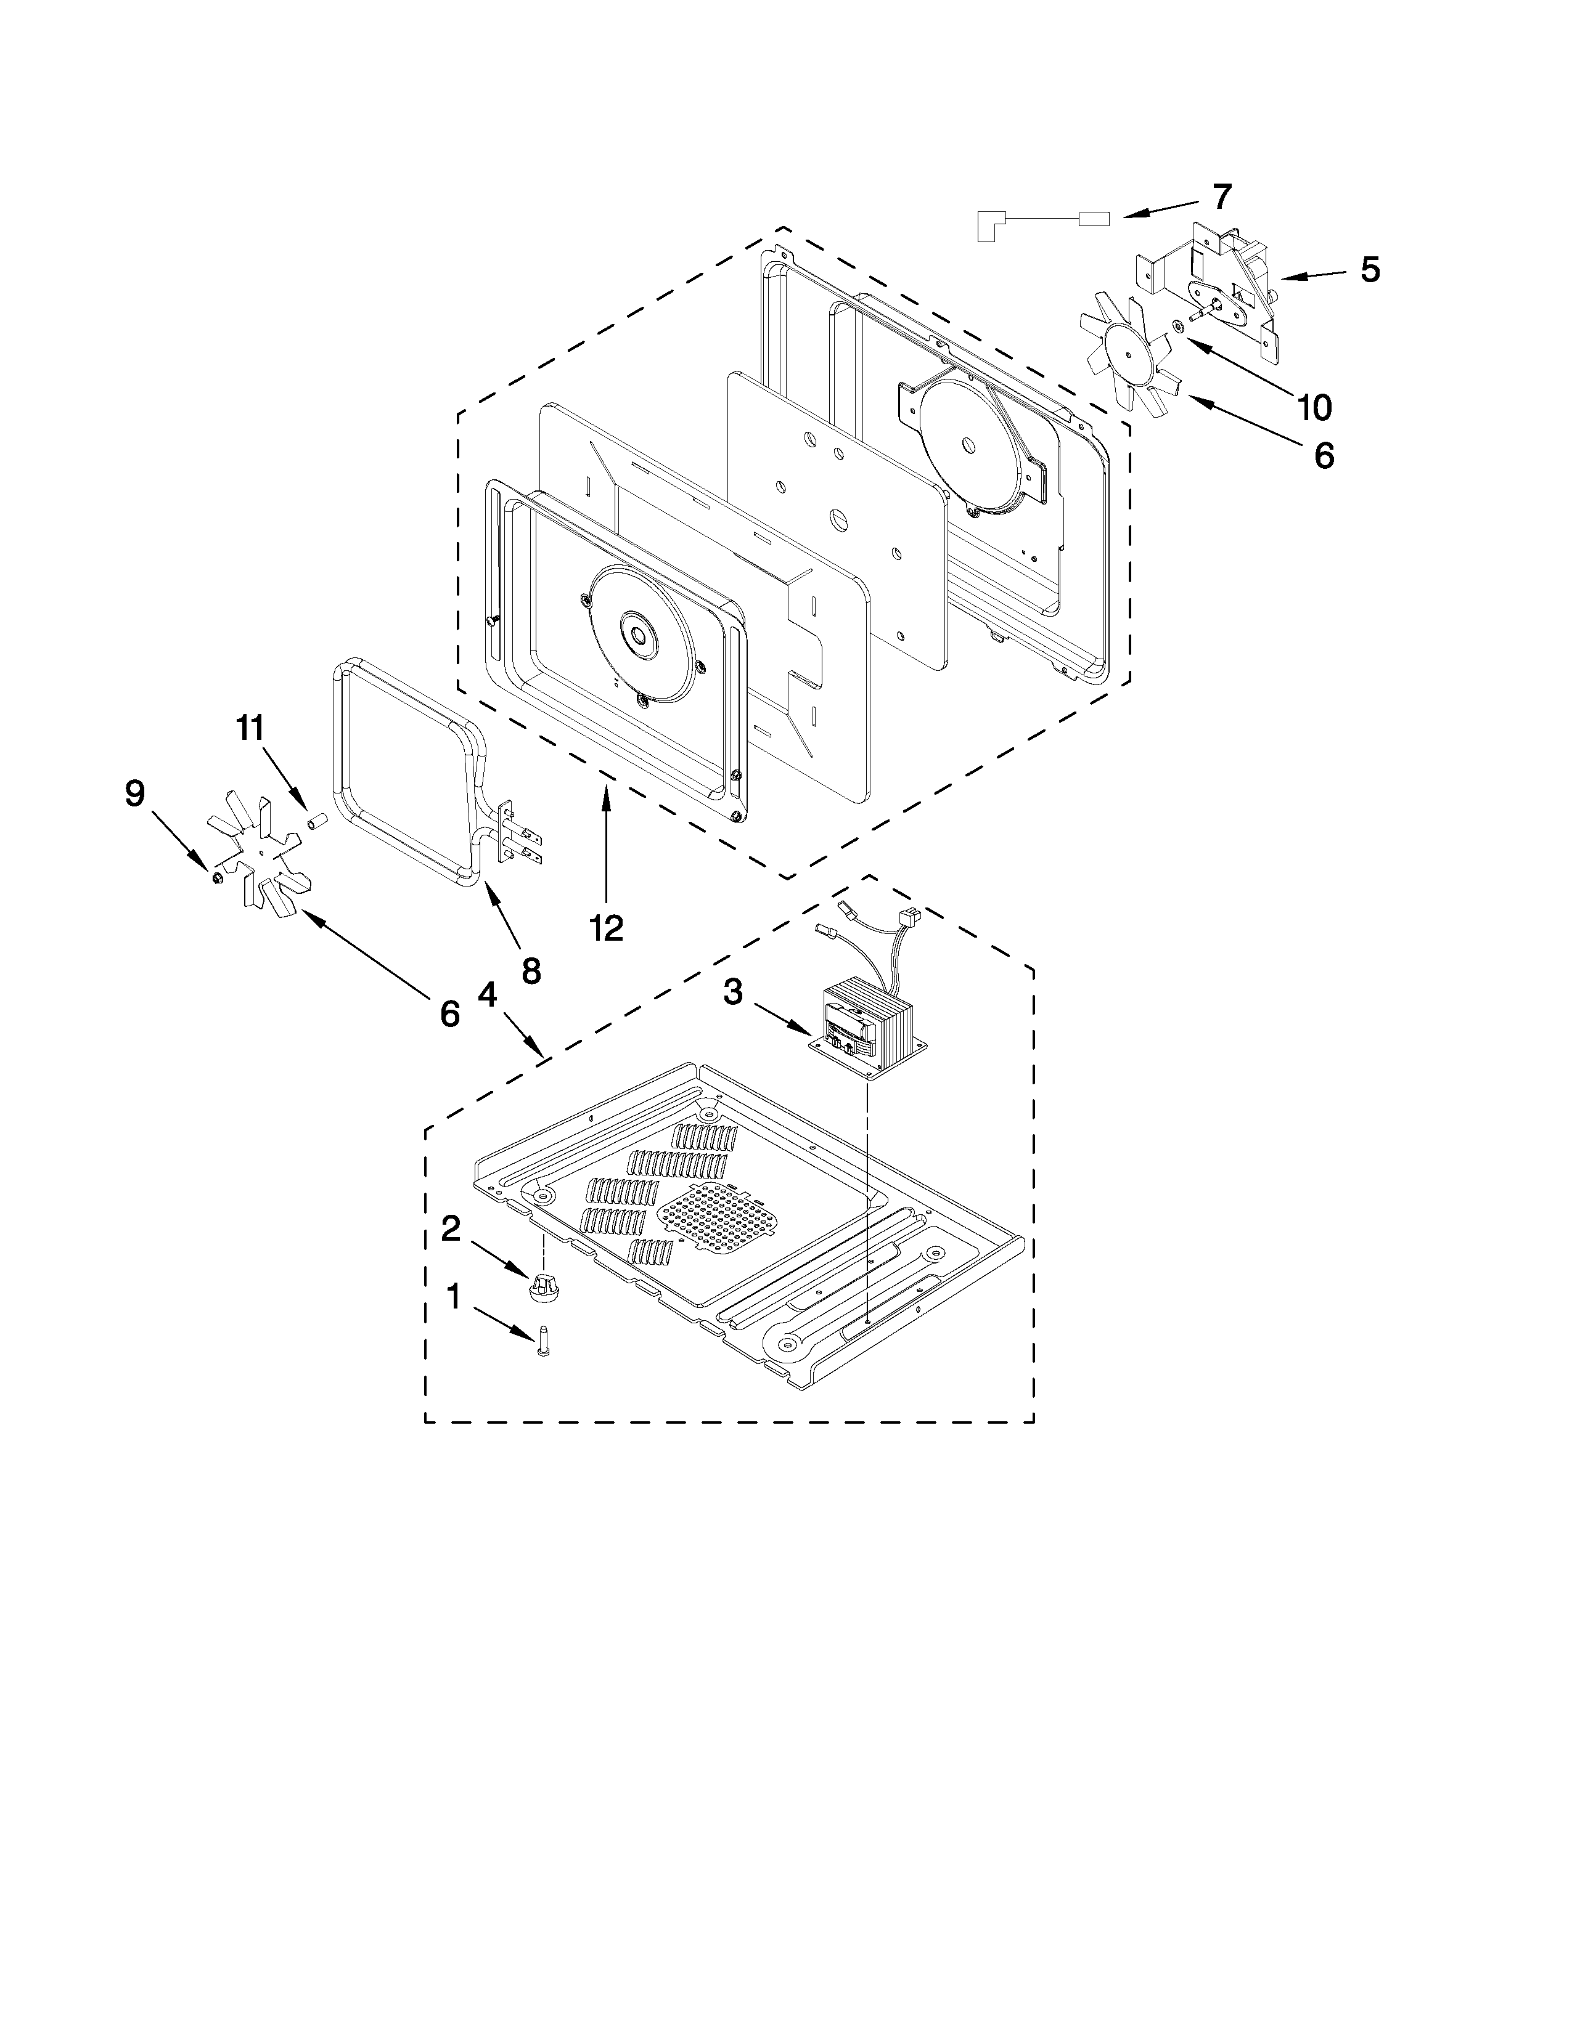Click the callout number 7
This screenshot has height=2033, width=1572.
pyautogui.click(x=1221, y=197)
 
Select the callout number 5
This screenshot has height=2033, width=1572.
pyautogui.click(x=1369, y=269)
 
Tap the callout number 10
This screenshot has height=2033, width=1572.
pyautogui.click(x=1314, y=406)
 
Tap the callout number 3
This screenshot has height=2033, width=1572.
pyautogui.click(x=733, y=992)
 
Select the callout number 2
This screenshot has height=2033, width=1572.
pyautogui.click(x=450, y=1229)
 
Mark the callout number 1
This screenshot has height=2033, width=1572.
pyautogui.click(x=454, y=1296)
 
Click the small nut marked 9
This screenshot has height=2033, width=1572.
pyautogui.click(x=216, y=876)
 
